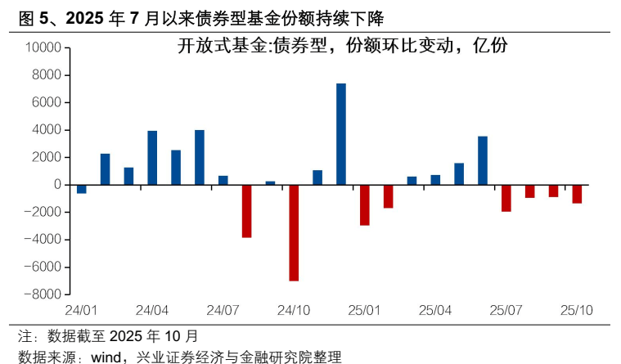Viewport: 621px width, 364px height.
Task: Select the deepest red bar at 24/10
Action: [294, 232]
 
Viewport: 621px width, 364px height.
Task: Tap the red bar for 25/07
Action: [506, 198]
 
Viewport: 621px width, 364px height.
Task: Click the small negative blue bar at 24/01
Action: [82, 189]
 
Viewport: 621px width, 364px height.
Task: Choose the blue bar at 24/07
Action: [223, 180]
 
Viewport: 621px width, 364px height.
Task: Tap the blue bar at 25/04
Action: [435, 180]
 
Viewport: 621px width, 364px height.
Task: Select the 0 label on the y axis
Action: [57, 185]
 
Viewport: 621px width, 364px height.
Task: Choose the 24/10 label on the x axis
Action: [293, 311]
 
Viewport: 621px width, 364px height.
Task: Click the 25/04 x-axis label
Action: [435, 311]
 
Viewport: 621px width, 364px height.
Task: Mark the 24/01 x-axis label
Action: [82, 311]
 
